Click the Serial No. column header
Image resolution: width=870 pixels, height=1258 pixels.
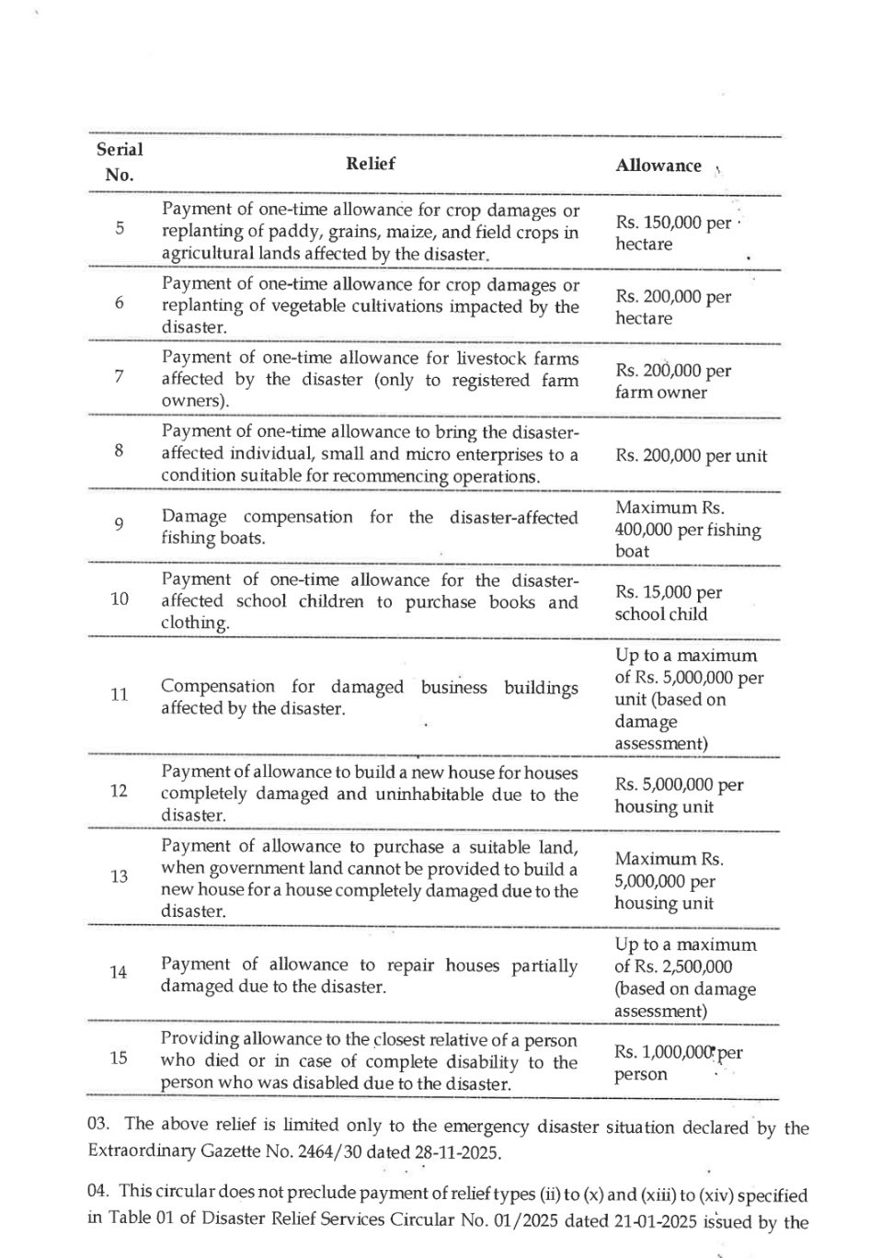pyautogui.click(x=120, y=162)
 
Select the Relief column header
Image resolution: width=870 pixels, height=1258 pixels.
pyautogui.click(x=370, y=164)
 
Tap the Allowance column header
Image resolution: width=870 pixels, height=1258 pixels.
pyautogui.click(x=658, y=166)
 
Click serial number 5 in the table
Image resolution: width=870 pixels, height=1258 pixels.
pyautogui.click(x=120, y=228)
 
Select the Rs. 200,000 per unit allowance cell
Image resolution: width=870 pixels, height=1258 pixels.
pyautogui.click(x=691, y=456)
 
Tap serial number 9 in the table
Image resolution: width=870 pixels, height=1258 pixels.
pyautogui.click(x=120, y=525)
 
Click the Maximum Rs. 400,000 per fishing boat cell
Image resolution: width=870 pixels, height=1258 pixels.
pyautogui.click(x=687, y=530)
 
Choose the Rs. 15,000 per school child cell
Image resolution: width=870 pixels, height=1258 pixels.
pyautogui.click(x=669, y=603)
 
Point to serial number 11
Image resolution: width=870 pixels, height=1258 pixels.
pyautogui.click(x=120, y=694)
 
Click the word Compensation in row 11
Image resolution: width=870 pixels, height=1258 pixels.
pyautogui.click(x=218, y=687)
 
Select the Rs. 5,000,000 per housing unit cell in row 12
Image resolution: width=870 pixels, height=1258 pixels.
pyautogui.click(x=679, y=795)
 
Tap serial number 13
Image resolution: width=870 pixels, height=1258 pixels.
pyautogui.click(x=120, y=876)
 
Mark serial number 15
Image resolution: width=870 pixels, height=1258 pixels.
pyautogui.click(x=119, y=1058)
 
